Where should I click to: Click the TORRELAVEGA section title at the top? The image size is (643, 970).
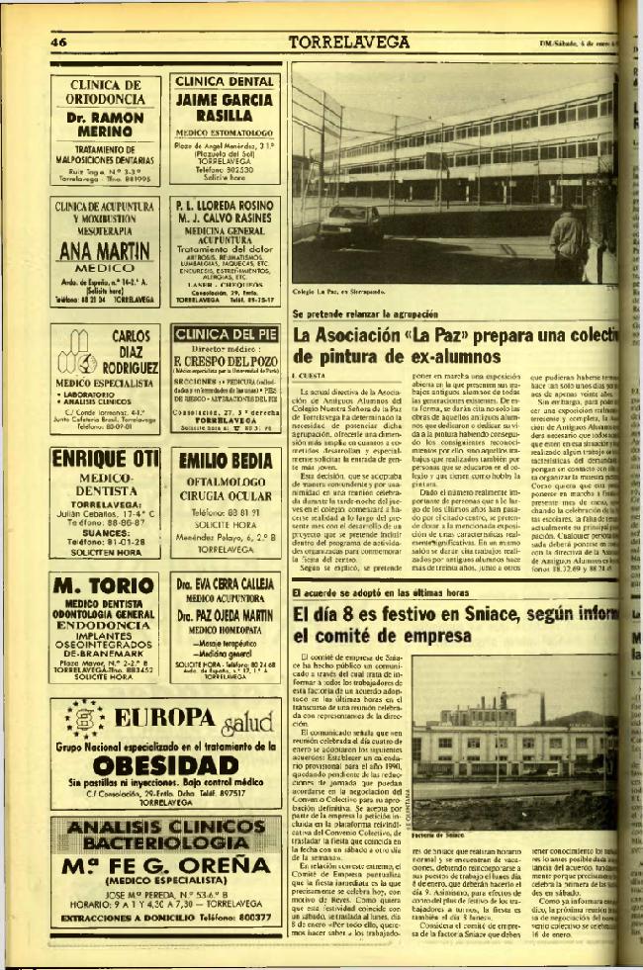(x=349, y=42)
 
